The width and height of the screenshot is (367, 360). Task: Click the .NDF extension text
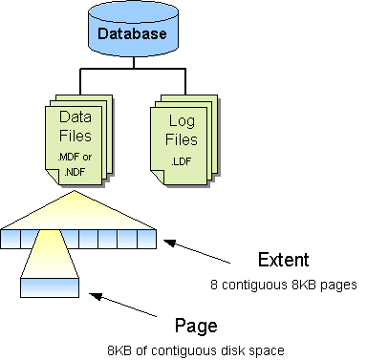(x=74, y=171)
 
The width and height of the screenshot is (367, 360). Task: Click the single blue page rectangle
(x=49, y=286)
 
